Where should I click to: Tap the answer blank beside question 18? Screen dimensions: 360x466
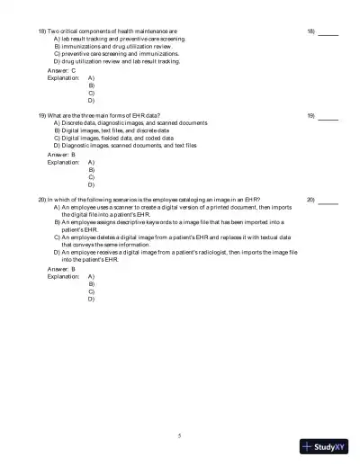[x=328, y=32]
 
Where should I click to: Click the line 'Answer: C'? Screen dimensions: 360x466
[x=62, y=70]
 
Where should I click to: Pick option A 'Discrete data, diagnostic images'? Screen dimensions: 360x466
[x=130, y=123]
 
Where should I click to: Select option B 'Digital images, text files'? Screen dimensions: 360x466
[x=117, y=130]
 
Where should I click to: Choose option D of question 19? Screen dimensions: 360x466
[x=125, y=145]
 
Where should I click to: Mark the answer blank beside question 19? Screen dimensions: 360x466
[x=328, y=118]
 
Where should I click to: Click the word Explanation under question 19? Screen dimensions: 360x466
[x=63, y=162]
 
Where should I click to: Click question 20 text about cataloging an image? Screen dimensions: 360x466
[x=153, y=199]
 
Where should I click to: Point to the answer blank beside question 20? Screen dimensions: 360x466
[x=328, y=202]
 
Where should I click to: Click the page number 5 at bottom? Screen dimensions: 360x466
[x=179, y=436]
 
